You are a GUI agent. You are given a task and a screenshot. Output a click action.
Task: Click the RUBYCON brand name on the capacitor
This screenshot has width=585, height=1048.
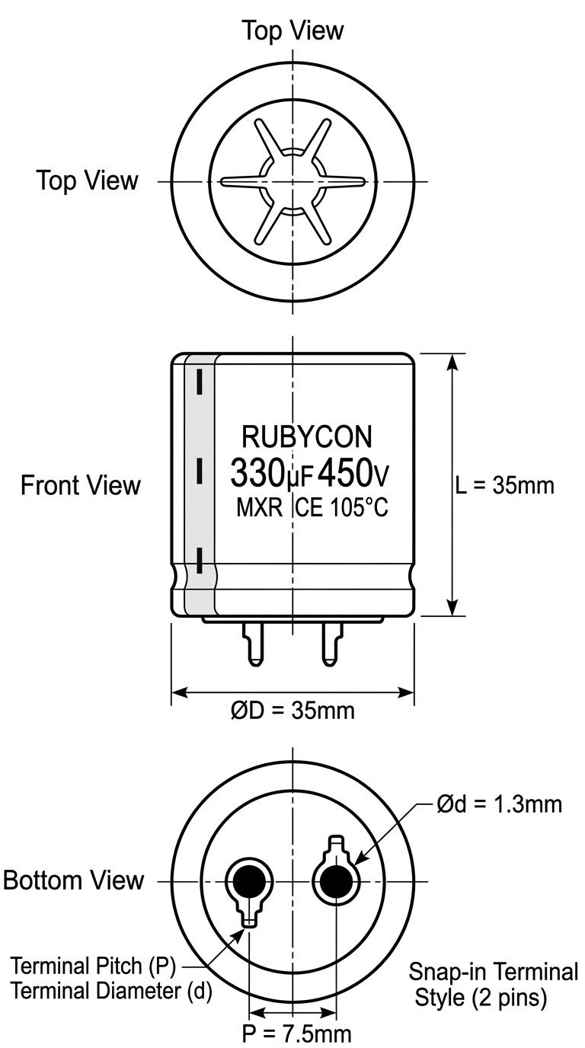[306, 437]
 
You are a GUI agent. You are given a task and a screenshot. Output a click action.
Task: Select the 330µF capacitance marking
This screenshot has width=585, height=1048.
[271, 474]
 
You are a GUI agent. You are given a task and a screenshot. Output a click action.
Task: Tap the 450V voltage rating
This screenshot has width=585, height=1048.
[353, 474]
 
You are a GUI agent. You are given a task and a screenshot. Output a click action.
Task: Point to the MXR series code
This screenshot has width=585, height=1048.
[259, 507]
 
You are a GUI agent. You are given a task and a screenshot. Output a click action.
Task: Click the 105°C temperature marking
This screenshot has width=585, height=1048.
[359, 507]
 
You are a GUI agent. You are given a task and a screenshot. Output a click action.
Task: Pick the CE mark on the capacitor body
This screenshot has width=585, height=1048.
[309, 507]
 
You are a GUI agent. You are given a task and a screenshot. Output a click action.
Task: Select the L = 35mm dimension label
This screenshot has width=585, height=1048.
[504, 486]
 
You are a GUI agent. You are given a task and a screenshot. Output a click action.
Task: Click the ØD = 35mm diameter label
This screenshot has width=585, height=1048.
[293, 711]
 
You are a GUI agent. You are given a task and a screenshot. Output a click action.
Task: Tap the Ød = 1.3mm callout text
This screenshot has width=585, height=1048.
[500, 804]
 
